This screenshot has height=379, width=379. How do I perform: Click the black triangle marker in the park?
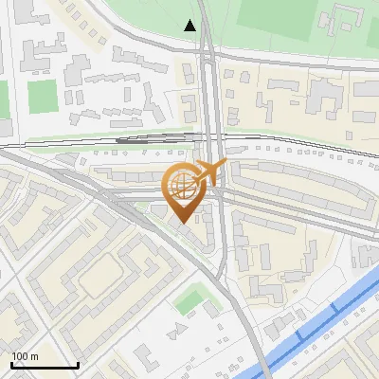point(190,26)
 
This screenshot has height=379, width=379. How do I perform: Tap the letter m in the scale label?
point(34,356)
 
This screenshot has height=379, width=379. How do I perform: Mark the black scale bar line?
point(44,365)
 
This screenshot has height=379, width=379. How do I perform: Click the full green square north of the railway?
point(42,96)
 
